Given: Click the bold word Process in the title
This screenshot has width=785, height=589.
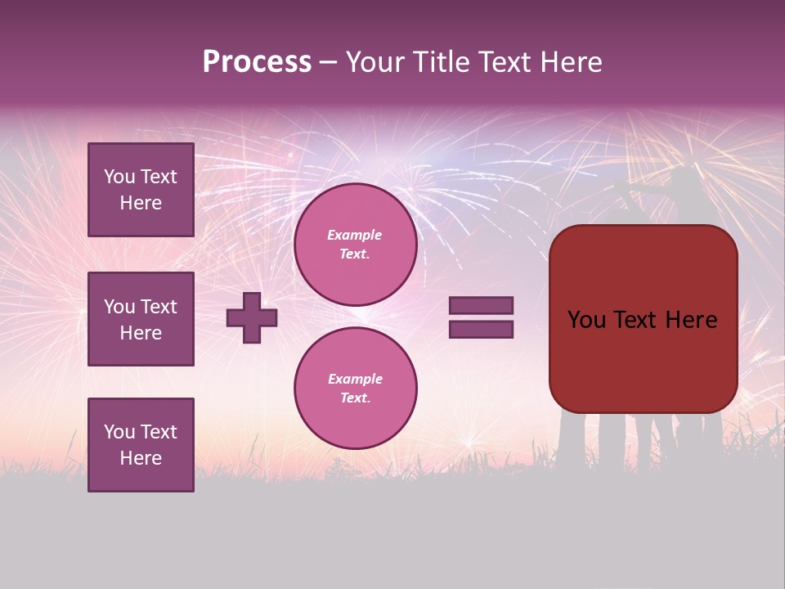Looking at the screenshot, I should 257,62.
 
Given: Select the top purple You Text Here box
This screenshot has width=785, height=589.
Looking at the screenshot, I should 141,190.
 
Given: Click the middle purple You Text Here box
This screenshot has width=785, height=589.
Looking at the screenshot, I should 141,319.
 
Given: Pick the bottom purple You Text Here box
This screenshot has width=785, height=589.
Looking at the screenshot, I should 141,445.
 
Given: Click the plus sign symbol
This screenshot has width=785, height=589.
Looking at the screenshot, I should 252,317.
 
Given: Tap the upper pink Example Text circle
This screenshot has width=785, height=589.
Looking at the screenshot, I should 355,245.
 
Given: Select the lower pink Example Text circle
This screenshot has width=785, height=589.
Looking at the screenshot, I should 355,388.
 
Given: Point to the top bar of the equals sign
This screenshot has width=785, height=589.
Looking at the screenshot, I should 481,305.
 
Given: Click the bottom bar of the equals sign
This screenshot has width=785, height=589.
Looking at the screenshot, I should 481,329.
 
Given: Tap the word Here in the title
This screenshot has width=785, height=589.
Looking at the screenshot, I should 571,62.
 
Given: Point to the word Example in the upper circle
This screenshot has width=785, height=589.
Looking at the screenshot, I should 355,235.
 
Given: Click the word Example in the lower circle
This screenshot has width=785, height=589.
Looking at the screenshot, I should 355,379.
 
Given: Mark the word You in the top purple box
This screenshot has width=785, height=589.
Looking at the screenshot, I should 119,177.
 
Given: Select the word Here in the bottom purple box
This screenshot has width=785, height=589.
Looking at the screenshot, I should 141,458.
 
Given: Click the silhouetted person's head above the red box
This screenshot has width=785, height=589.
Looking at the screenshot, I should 683,178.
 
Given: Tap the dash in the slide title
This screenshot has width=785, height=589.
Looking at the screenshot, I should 328,62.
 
